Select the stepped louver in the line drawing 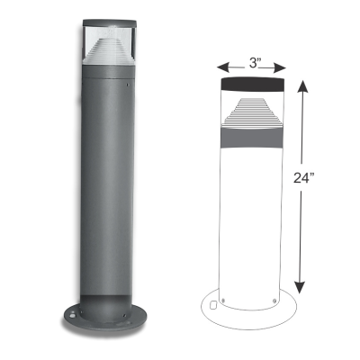[x=253, y=116]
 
